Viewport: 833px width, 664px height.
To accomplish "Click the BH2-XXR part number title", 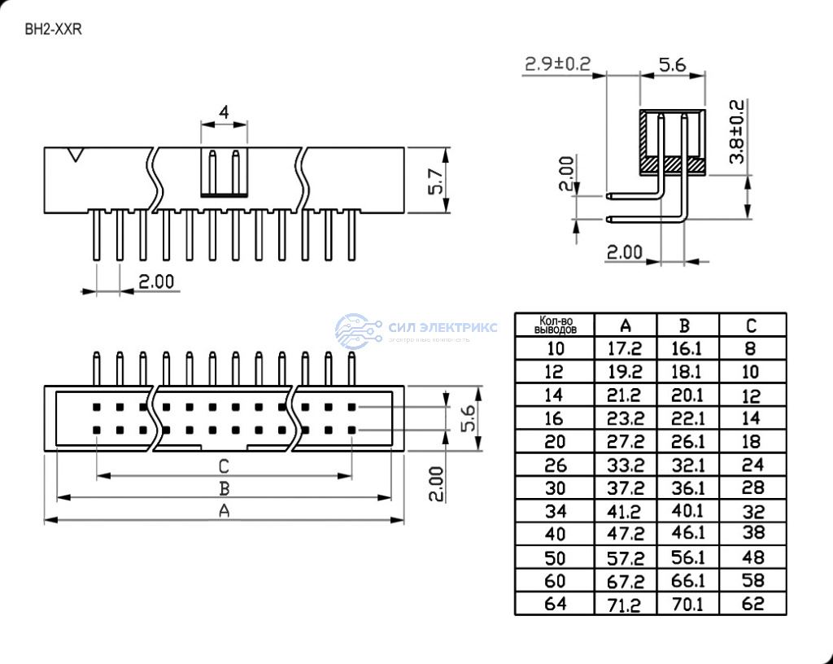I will click(54, 29).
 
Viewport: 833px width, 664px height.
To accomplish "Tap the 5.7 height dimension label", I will click(436, 181).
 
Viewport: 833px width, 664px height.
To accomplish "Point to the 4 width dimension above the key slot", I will click(224, 113).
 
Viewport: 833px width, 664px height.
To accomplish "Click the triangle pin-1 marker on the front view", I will click(76, 154).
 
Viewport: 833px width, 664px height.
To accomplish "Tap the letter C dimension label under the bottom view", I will click(224, 466).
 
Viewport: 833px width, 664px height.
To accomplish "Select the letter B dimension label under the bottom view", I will click(224, 488).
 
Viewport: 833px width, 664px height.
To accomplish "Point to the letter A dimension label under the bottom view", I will click(224, 511).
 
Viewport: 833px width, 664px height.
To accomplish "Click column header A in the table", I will click(626, 325).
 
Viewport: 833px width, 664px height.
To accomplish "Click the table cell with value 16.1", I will click(687, 349).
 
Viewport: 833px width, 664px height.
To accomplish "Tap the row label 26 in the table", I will click(556, 465).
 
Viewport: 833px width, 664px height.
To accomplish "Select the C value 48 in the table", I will click(751, 558).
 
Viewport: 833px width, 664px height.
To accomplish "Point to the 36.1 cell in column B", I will click(687, 488).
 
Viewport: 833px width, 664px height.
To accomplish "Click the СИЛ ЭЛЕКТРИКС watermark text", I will click(443, 327).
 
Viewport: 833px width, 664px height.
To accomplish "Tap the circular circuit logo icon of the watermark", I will click(358, 330).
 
